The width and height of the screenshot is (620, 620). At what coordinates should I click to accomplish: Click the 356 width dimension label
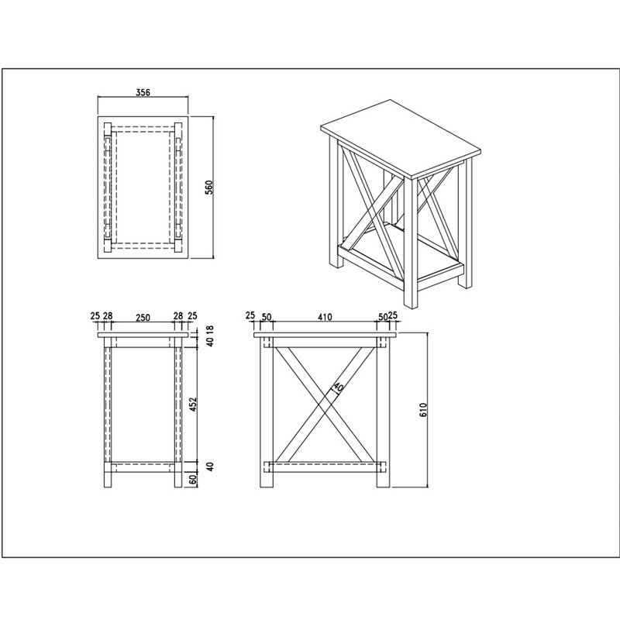(143, 92)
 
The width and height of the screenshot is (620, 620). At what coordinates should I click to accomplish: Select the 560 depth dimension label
(208, 187)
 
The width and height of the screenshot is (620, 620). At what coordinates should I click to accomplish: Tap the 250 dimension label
(143, 317)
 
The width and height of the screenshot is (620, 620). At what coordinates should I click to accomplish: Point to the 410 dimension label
(324, 317)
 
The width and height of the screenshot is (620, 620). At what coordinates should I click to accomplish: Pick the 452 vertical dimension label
(193, 405)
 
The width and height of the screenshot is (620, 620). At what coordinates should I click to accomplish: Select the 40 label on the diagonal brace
(337, 387)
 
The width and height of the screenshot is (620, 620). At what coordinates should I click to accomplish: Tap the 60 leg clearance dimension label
(193, 480)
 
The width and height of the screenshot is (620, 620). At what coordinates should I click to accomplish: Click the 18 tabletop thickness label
(209, 329)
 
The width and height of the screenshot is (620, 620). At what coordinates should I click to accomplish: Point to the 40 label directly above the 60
(210, 467)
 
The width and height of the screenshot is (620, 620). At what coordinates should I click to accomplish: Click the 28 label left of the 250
(108, 316)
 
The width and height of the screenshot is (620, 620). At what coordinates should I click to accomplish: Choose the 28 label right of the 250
(178, 316)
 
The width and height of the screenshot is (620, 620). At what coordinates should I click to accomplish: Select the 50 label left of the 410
(267, 317)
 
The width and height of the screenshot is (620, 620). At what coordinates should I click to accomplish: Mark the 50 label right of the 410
(382, 317)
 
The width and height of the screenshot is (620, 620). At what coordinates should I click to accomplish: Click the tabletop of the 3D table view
(400, 138)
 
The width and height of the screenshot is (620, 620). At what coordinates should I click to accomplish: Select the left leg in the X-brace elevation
(266, 412)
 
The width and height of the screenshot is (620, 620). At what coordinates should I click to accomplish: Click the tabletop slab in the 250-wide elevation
(143, 336)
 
